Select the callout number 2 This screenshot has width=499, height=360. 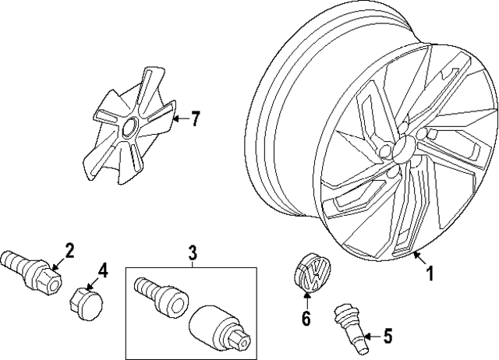click(69, 250)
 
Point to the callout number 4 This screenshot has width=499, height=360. click(102, 270)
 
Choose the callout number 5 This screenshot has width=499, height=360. click(388, 337)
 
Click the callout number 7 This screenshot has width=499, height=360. click(195, 119)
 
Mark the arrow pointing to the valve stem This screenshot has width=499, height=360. click(370, 336)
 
